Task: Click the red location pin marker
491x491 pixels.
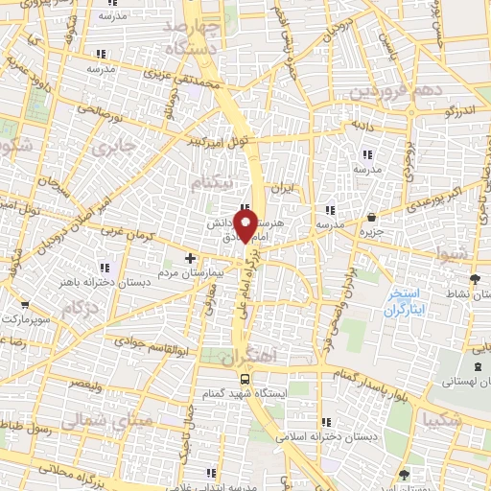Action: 245,227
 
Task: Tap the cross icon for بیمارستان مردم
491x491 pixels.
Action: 190,258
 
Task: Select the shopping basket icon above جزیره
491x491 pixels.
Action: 373,217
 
